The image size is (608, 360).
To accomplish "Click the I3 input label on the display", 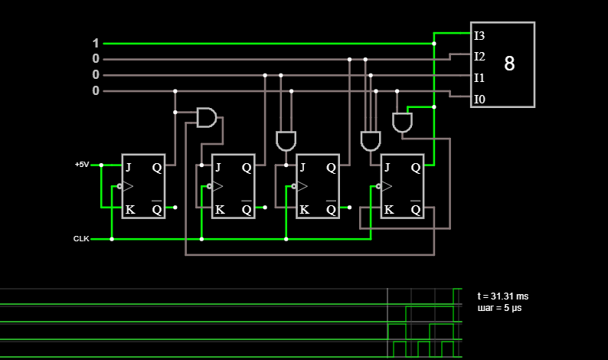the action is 479,36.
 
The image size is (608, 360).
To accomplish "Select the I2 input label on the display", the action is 479,57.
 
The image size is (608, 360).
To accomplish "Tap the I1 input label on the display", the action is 479,78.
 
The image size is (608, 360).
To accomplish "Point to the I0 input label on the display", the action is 479,100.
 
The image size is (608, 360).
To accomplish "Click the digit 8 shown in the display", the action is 509,64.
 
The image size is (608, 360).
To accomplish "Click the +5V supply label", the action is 82,165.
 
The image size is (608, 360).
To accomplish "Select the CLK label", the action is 81,238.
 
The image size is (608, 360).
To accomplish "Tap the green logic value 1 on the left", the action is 96,43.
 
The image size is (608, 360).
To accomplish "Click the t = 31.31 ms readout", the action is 503,296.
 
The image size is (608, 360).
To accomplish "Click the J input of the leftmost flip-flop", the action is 129,167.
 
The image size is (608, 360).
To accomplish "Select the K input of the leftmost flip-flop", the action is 130,210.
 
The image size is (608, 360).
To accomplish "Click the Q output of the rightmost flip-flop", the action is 416,168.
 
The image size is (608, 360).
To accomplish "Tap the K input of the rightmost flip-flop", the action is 389,210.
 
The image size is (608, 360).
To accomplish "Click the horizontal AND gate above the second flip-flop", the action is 207,117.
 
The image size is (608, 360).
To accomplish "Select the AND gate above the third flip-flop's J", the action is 286,141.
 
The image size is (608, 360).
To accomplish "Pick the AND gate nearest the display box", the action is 402,123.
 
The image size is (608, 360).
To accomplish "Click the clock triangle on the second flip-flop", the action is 218,187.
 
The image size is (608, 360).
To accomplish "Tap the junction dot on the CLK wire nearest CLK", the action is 112,239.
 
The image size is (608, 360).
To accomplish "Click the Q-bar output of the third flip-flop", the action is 331,208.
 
